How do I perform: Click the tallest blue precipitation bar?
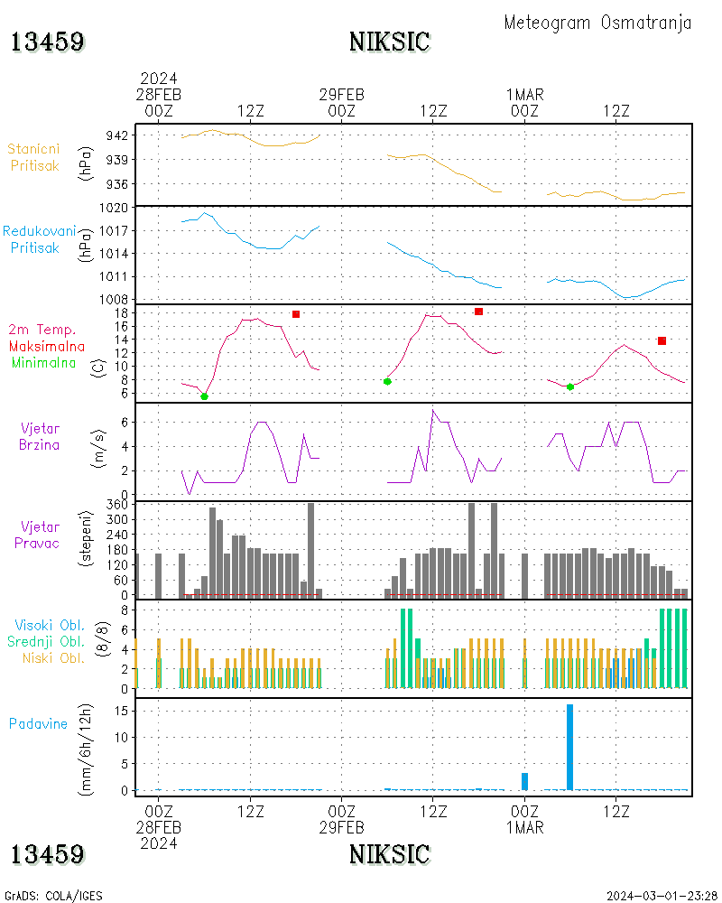click(x=569, y=747)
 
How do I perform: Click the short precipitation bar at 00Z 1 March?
click(x=524, y=781)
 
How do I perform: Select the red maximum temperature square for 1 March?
click(x=662, y=340)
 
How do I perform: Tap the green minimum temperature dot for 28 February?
click(x=204, y=396)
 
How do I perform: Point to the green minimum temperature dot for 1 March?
click(x=570, y=386)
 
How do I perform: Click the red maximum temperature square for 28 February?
click(x=296, y=314)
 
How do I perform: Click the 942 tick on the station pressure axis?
click(x=127, y=135)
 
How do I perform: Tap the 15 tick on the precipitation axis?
click(x=127, y=710)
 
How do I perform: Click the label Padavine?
click(x=38, y=723)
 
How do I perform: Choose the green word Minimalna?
click(x=43, y=363)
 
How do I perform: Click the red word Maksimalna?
click(x=47, y=346)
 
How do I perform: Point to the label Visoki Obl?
click(x=50, y=625)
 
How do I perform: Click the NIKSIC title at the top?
click(x=389, y=42)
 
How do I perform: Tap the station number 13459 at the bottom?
click(x=48, y=854)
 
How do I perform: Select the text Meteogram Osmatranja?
click(x=597, y=23)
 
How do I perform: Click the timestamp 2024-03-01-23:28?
click(x=662, y=896)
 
